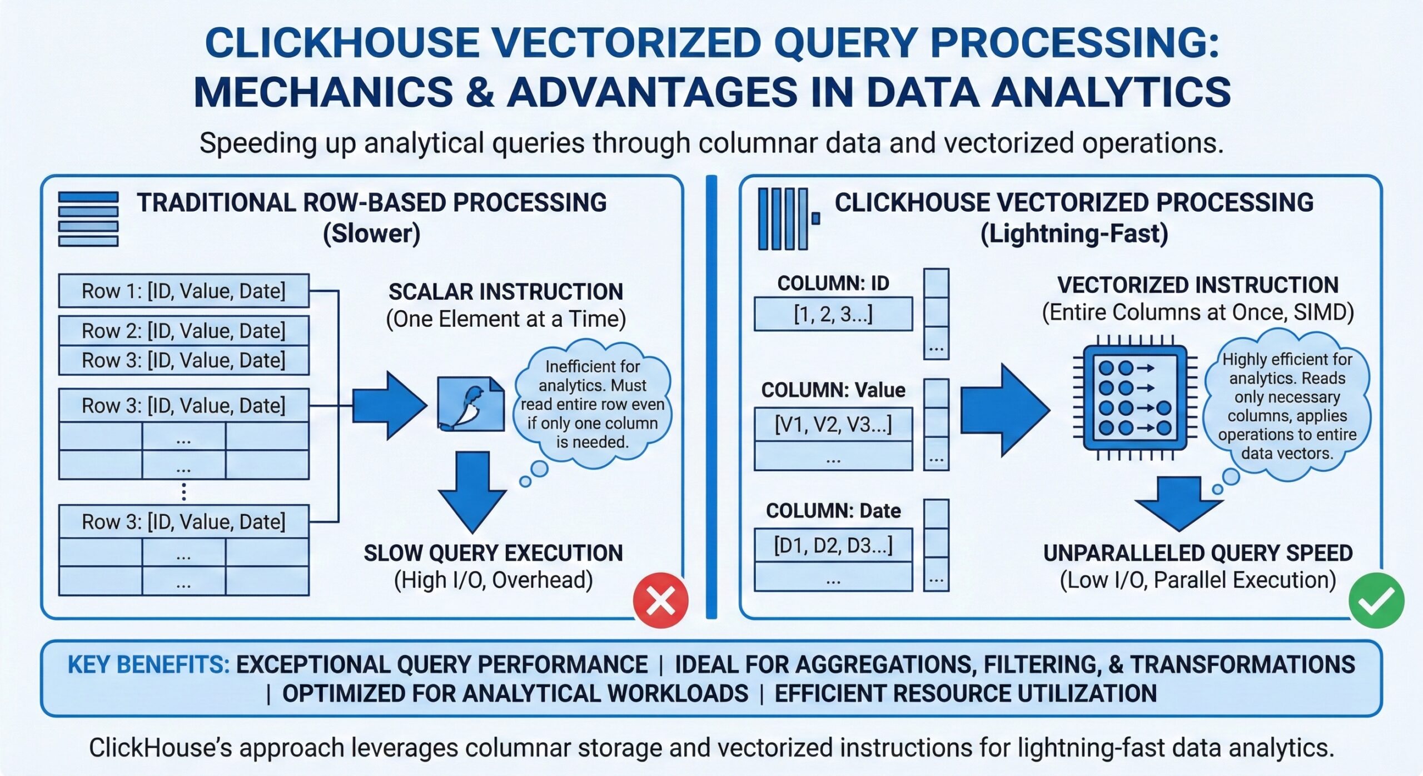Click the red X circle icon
tap(661, 600)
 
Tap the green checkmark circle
tap(1376, 601)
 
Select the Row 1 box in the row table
tap(183, 291)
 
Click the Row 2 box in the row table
tap(183, 331)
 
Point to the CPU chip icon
tap(1135, 398)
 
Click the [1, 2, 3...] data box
tap(833, 315)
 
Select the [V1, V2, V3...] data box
tap(833, 425)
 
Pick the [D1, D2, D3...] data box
tap(833, 545)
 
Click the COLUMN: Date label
tap(833, 510)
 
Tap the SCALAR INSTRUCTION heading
tap(505, 292)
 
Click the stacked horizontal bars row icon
tap(88, 219)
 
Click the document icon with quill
tap(470, 404)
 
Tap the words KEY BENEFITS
tap(148, 665)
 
